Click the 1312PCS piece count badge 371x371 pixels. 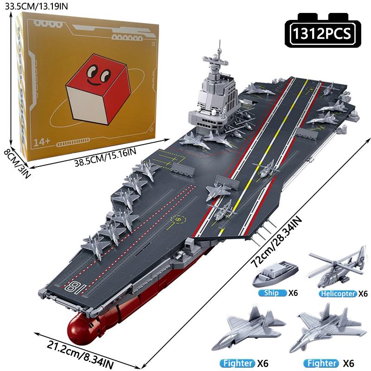point(323,30)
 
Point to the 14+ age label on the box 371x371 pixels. point(42,142)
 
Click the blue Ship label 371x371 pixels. point(271,293)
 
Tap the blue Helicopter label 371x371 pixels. point(338,294)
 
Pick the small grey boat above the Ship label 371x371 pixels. point(275,274)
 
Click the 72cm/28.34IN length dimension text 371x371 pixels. point(276,242)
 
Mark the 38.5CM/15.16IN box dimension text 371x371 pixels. point(106,157)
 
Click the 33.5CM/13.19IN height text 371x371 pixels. point(37,6)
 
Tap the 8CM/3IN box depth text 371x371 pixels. point(17,164)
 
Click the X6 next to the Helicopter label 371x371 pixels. point(363,294)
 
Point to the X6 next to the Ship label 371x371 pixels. point(293,293)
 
